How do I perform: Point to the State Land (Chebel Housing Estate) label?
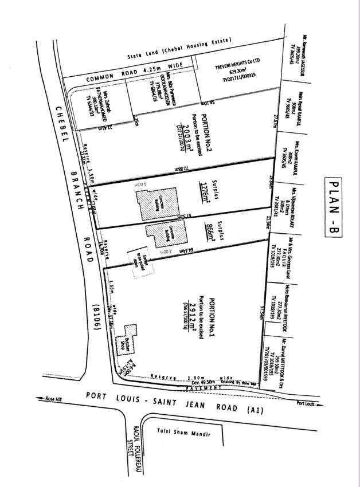click(178, 50)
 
